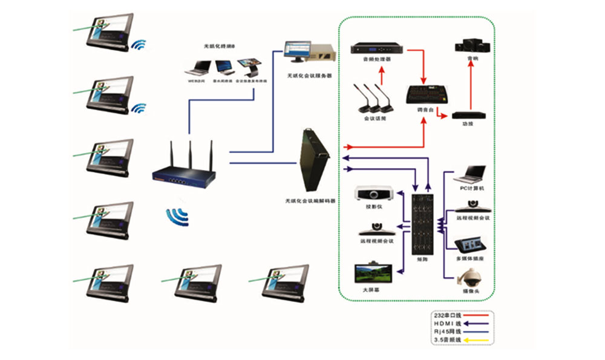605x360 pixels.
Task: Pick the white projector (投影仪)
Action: [375, 194]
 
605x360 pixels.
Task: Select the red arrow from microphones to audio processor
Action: [382, 74]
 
